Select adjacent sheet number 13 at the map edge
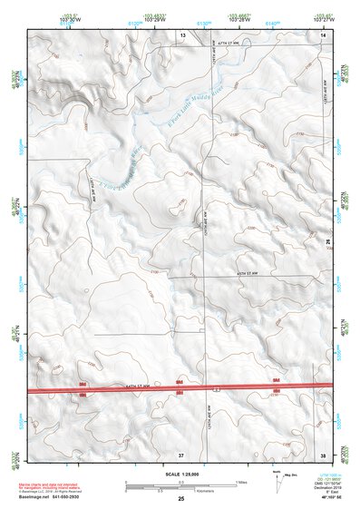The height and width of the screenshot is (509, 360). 181,34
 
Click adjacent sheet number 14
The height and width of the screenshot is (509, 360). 323,34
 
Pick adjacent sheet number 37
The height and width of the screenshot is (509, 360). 181,454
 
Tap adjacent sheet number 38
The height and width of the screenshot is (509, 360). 323,454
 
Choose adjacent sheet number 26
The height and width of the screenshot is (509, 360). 328,240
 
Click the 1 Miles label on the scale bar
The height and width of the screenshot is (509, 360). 240,482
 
